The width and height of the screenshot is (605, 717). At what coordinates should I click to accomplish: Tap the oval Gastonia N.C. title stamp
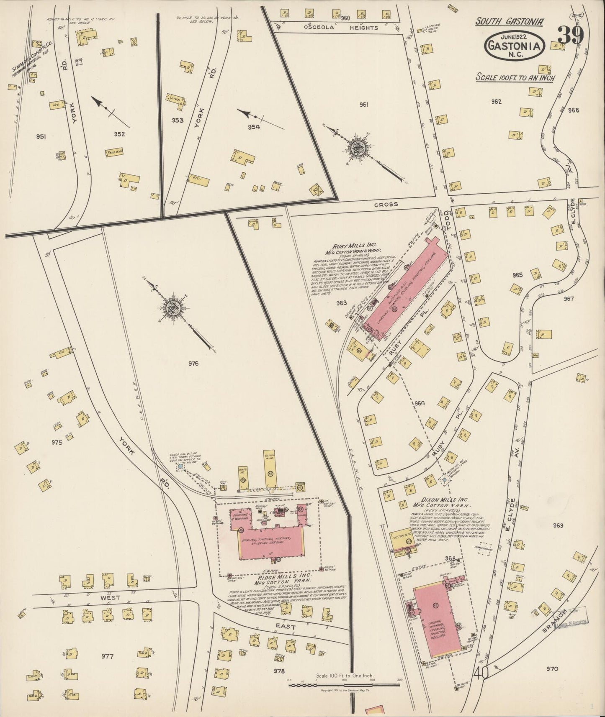(515, 46)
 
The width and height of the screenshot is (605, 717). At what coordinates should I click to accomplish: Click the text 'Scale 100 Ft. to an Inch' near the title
(515, 78)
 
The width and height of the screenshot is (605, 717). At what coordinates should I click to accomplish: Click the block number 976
(193, 364)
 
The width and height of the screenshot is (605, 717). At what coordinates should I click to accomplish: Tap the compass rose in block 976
(173, 308)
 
